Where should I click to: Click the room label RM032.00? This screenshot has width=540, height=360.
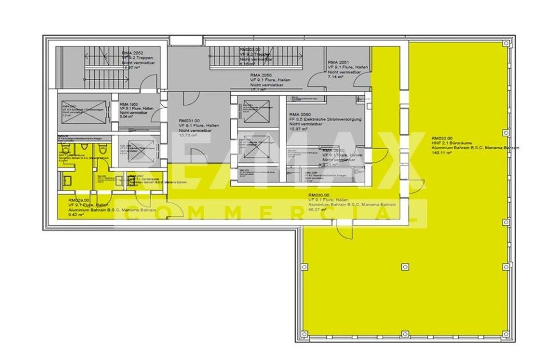[x=442, y=138]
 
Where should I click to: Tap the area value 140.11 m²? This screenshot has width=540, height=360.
[x=441, y=153]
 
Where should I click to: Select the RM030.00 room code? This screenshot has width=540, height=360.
[x=318, y=195]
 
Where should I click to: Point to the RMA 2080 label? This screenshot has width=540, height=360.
[x=300, y=114]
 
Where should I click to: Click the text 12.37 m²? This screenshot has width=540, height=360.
[x=298, y=129]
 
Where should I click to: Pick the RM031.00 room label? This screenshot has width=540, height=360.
[x=188, y=121]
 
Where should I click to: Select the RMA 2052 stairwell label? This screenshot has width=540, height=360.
[x=133, y=53]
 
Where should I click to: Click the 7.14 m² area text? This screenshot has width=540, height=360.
[x=336, y=76]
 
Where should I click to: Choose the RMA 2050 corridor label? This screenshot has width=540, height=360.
[x=261, y=75]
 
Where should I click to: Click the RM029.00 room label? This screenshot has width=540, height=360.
[x=79, y=200]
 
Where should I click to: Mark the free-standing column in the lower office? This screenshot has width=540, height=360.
[x=405, y=267]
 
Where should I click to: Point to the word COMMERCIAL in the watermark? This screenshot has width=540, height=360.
[x=270, y=213]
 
